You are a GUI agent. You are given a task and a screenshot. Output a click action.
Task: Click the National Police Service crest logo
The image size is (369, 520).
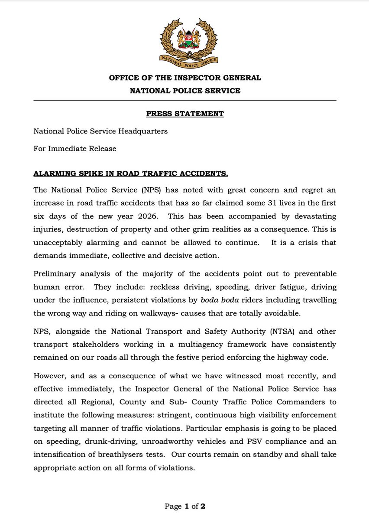pyautogui.click(x=184, y=41)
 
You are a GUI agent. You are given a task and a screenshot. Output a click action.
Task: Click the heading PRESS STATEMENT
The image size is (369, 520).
pyautogui.click(x=184, y=114)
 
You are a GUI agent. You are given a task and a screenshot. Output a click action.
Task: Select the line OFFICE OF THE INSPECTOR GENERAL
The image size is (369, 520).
pyautogui.click(x=184, y=78)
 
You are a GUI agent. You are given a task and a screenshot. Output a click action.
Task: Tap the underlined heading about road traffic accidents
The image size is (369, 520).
pyautogui.click(x=131, y=174)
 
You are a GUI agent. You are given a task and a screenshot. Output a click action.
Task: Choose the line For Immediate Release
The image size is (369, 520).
pyautogui.click(x=74, y=149)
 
